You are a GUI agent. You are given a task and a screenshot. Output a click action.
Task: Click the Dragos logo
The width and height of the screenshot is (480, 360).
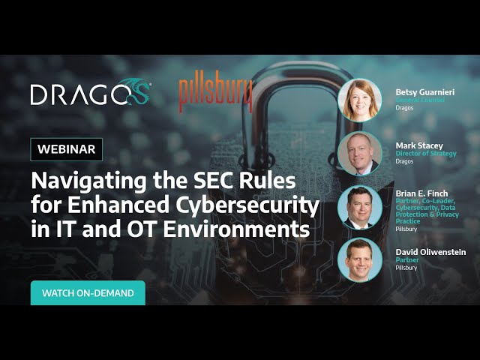coord(91,94)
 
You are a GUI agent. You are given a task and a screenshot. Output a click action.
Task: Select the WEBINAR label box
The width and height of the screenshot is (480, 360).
coord(67,149)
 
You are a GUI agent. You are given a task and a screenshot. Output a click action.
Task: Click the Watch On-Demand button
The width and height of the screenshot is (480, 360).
coord(88,293)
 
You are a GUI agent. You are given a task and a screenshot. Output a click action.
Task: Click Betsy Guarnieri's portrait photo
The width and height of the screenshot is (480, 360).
coord(359,100)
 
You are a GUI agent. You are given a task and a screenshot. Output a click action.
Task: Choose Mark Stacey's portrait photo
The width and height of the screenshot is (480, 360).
coord(359,153)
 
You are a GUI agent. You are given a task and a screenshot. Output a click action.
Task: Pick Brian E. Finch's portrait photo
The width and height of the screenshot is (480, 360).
coord(359,206)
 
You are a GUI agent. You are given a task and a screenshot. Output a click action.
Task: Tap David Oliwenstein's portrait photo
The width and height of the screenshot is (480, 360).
coord(359,259)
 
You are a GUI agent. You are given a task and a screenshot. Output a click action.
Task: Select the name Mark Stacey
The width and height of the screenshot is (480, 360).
coord(418,145)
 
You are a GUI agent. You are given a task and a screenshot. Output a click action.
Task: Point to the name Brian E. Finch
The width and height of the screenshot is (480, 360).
coord(421,193)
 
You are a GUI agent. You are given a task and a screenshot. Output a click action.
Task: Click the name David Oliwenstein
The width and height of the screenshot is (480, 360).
coord(430,252)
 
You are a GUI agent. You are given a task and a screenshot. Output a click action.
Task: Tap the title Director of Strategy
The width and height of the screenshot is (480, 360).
coord(425,153)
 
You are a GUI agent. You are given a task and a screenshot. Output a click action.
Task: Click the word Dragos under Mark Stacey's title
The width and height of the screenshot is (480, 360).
coord(405,160)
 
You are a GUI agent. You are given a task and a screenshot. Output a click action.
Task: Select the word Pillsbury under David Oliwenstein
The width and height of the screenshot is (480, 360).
coord(407,267)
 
